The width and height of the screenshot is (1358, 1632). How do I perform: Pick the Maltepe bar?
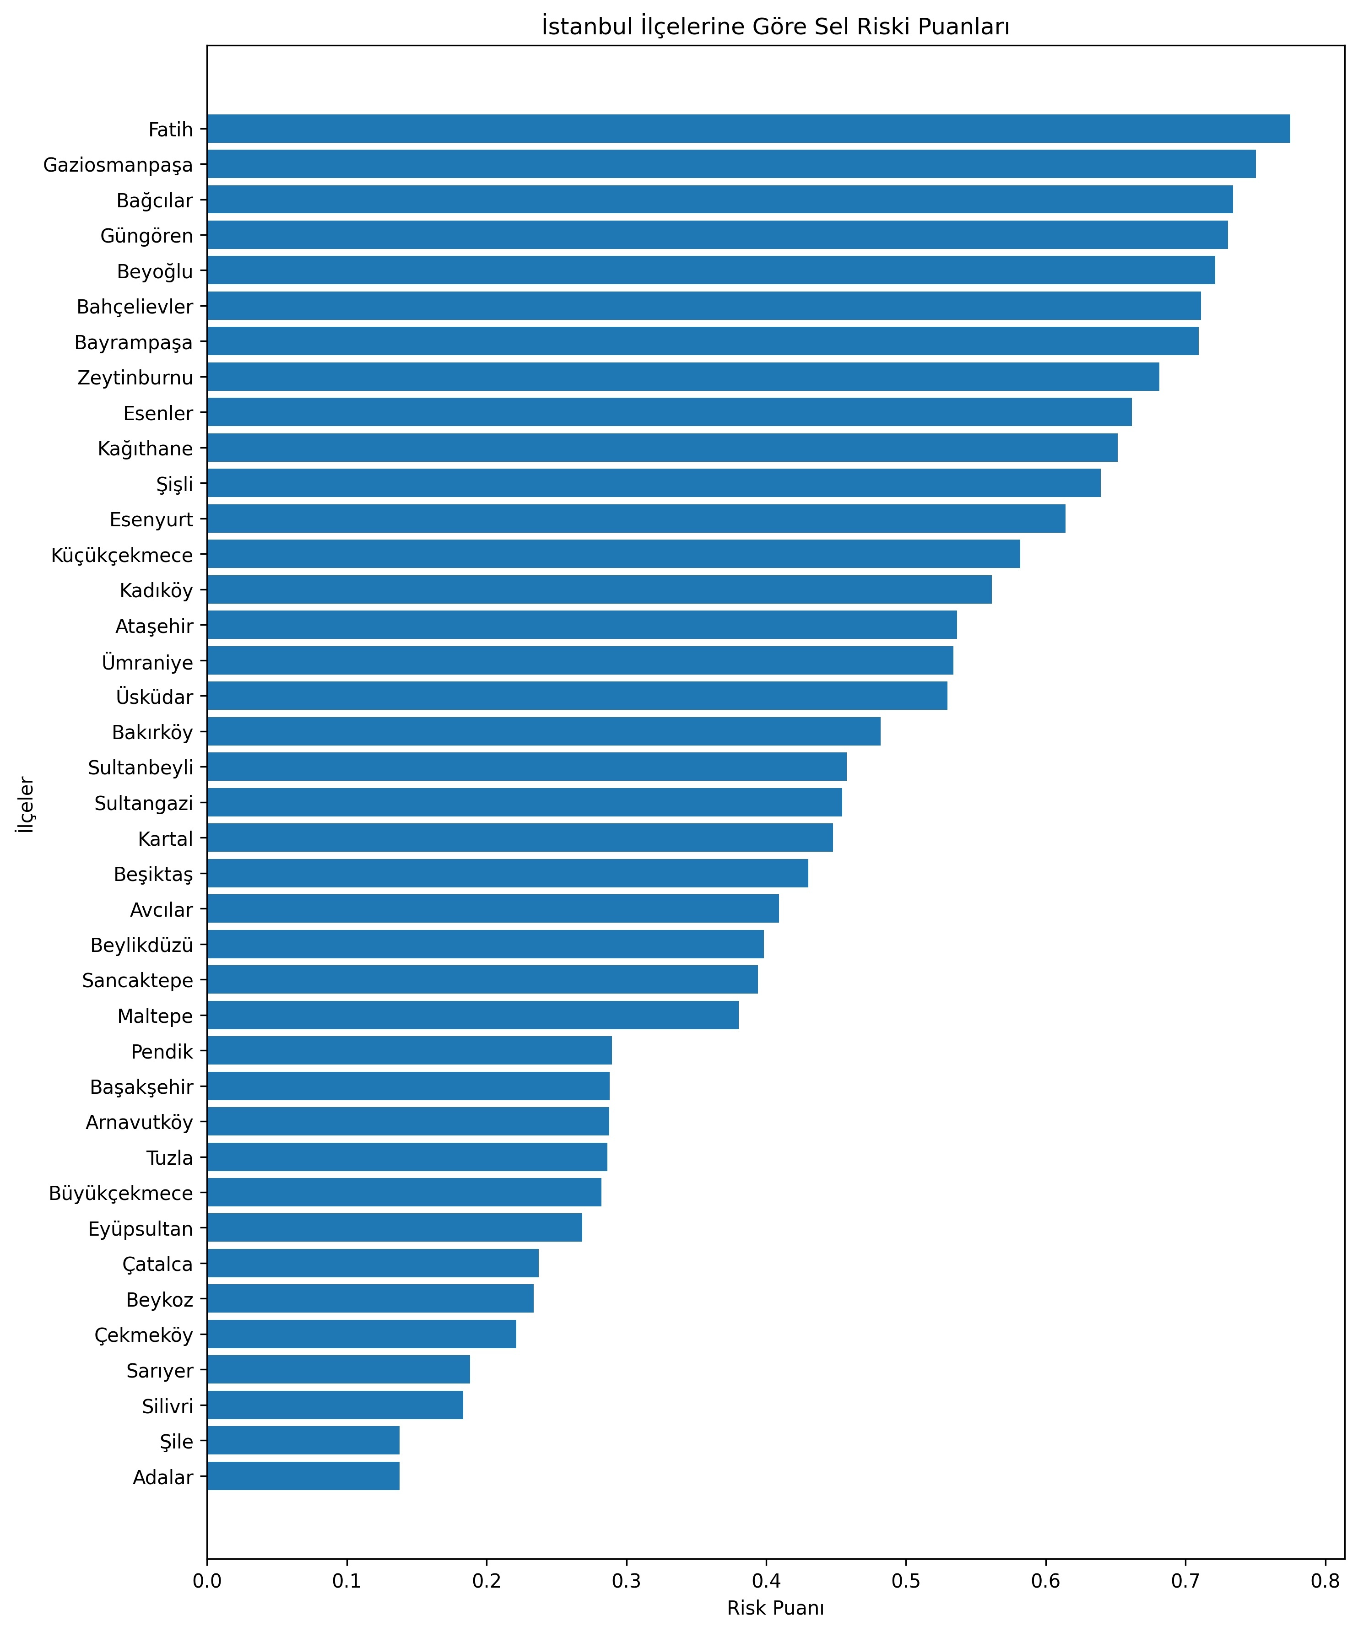(x=473, y=1016)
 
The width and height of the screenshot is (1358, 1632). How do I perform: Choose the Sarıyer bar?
(x=338, y=1370)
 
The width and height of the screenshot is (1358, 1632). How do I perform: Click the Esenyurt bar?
(x=636, y=519)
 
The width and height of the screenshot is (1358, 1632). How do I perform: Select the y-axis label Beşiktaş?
(x=153, y=874)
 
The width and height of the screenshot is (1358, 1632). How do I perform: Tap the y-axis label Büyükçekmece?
(x=120, y=1194)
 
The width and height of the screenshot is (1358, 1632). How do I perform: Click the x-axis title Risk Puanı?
(x=775, y=1608)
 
